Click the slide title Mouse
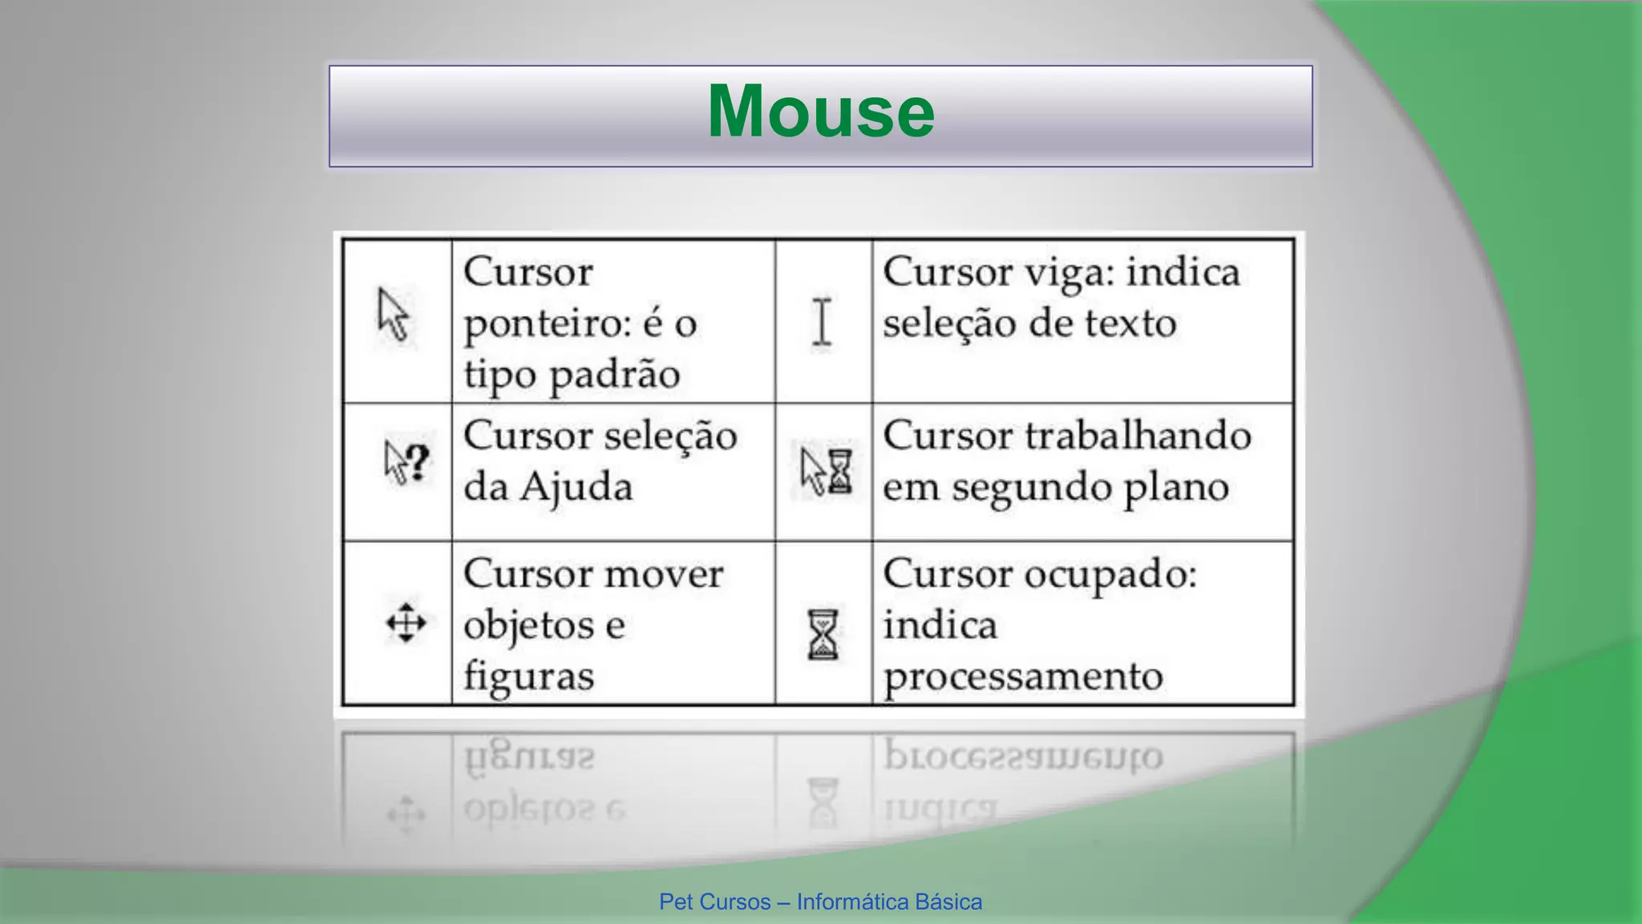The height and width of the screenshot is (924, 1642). [x=820, y=112]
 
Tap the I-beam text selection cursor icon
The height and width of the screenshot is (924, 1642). [x=822, y=322]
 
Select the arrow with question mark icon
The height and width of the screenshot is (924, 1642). [x=406, y=463]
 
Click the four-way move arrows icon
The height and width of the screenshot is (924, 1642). [x=406, y=623]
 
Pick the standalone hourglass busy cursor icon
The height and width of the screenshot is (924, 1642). [x=823, y=634]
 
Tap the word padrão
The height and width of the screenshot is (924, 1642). [x=614, y=375]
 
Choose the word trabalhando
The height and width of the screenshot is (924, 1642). [x=1138, y=436]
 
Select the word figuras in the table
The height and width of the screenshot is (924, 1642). [x=529, y=677]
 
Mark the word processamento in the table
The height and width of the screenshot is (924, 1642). [x=1022, y=677]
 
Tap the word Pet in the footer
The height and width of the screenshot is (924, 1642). [x=676, y=902]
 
